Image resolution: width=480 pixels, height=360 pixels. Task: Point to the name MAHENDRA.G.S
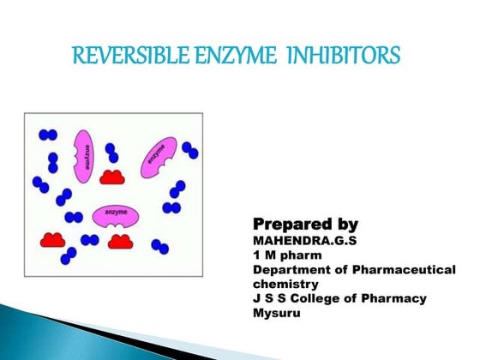pyautogui.click(x=299, y=241)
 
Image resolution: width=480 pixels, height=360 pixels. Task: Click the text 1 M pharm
pyautogui.click(x=280, y=255)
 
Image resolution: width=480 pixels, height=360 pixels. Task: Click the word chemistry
pyautogui.click(x=285, y=284)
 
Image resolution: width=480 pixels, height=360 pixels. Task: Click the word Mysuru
pyautogui.click(x=273, y=313)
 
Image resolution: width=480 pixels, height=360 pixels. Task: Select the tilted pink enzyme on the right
pyautogui.click(x=159, y=158)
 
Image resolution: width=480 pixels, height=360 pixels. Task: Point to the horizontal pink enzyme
pyautogui.click(x=117, y=214)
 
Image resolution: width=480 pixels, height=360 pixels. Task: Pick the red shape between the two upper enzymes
pyautogui.click(x=112, y=177)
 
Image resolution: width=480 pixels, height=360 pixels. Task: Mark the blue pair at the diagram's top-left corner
pyautogui.click(x=46, y=135)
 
